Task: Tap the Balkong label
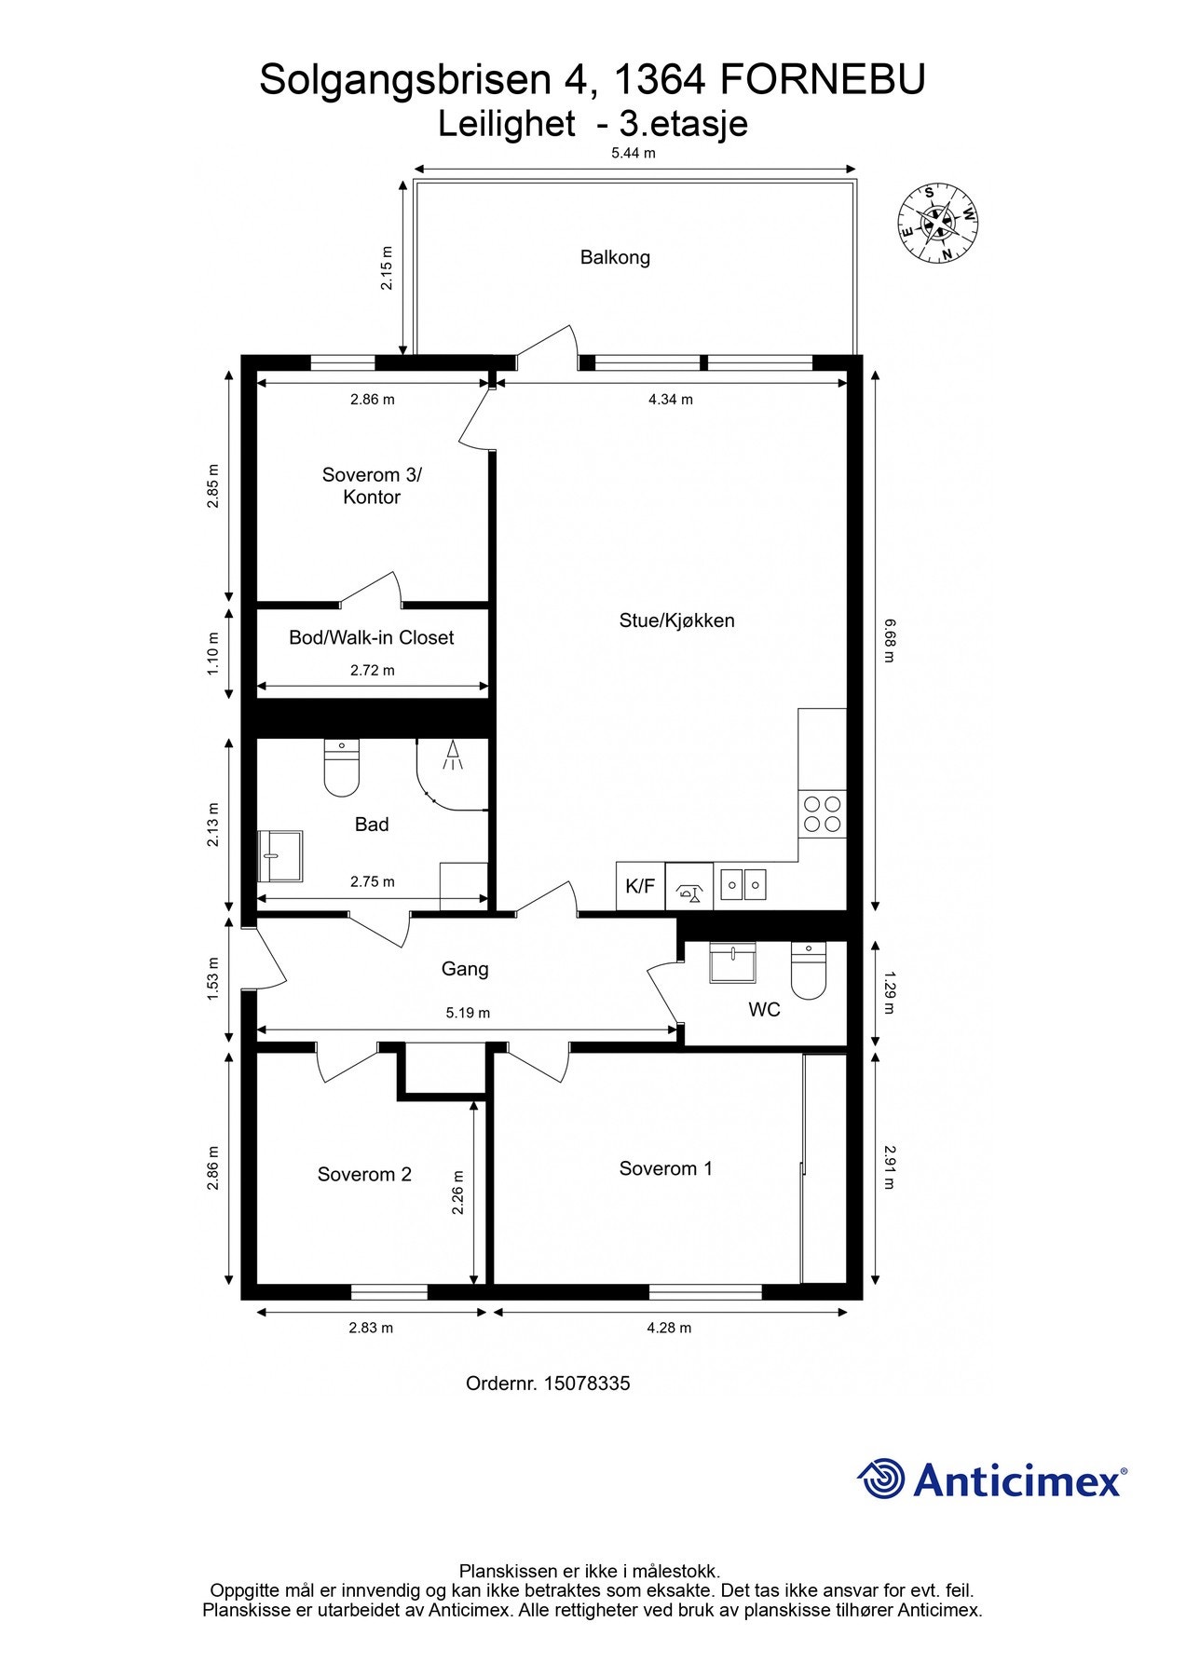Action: (x=615, y=257)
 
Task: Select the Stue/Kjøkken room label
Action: (x=677, y=620)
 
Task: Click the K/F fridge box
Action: (x=640, y=886)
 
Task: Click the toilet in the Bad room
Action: (x=342, y=768)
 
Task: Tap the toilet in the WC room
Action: (x=809, y=971)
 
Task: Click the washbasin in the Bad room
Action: (x=280, y=855)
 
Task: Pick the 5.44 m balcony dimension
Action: (x=634, y=153)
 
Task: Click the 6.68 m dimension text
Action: (x=888, y=640)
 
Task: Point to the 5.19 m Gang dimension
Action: (x=468, y=1013)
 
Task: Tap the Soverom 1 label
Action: (x=666, y=1168)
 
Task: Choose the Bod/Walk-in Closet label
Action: (x=372, y=638)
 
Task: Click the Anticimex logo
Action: (x=992, y=1479)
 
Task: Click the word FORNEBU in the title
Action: (x=824, y=80)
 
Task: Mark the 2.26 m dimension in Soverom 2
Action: (x=457, y=1193)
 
